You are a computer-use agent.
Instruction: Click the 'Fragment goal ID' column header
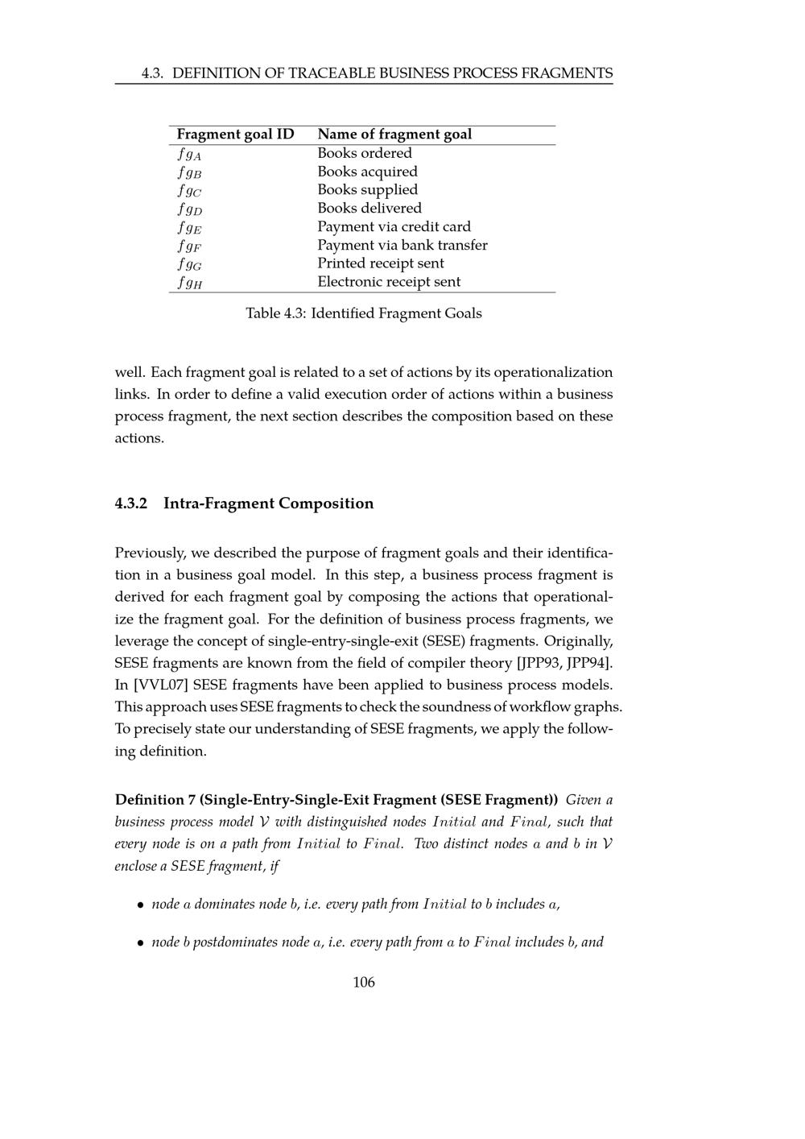(x=235, y=135)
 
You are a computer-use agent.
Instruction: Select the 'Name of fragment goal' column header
(x=394, y=135)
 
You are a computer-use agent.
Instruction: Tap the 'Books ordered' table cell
(x=365, y=153)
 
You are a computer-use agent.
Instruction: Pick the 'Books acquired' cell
(x=367, y=172)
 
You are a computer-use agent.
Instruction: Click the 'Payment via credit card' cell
(x=394, y=227)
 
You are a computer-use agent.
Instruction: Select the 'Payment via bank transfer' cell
(x=402, y=245)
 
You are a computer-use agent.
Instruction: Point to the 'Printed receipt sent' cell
(x=381, y=263)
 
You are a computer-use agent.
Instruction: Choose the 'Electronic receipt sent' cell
(x=389, y=282)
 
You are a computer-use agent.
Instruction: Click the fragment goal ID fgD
(x=190, y=209)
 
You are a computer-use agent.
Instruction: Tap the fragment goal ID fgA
(x=190, y=154)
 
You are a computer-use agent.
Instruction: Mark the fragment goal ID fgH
(x=190, y=283)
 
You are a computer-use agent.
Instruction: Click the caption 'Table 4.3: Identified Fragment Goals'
(x=364, y=313)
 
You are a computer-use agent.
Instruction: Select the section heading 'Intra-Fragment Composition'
(x=268, y=503)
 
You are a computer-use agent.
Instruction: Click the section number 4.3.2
(x=131, y=503)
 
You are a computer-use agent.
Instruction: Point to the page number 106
(x=364, y=982)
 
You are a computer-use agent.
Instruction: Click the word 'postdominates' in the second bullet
(x=235, y=942)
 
